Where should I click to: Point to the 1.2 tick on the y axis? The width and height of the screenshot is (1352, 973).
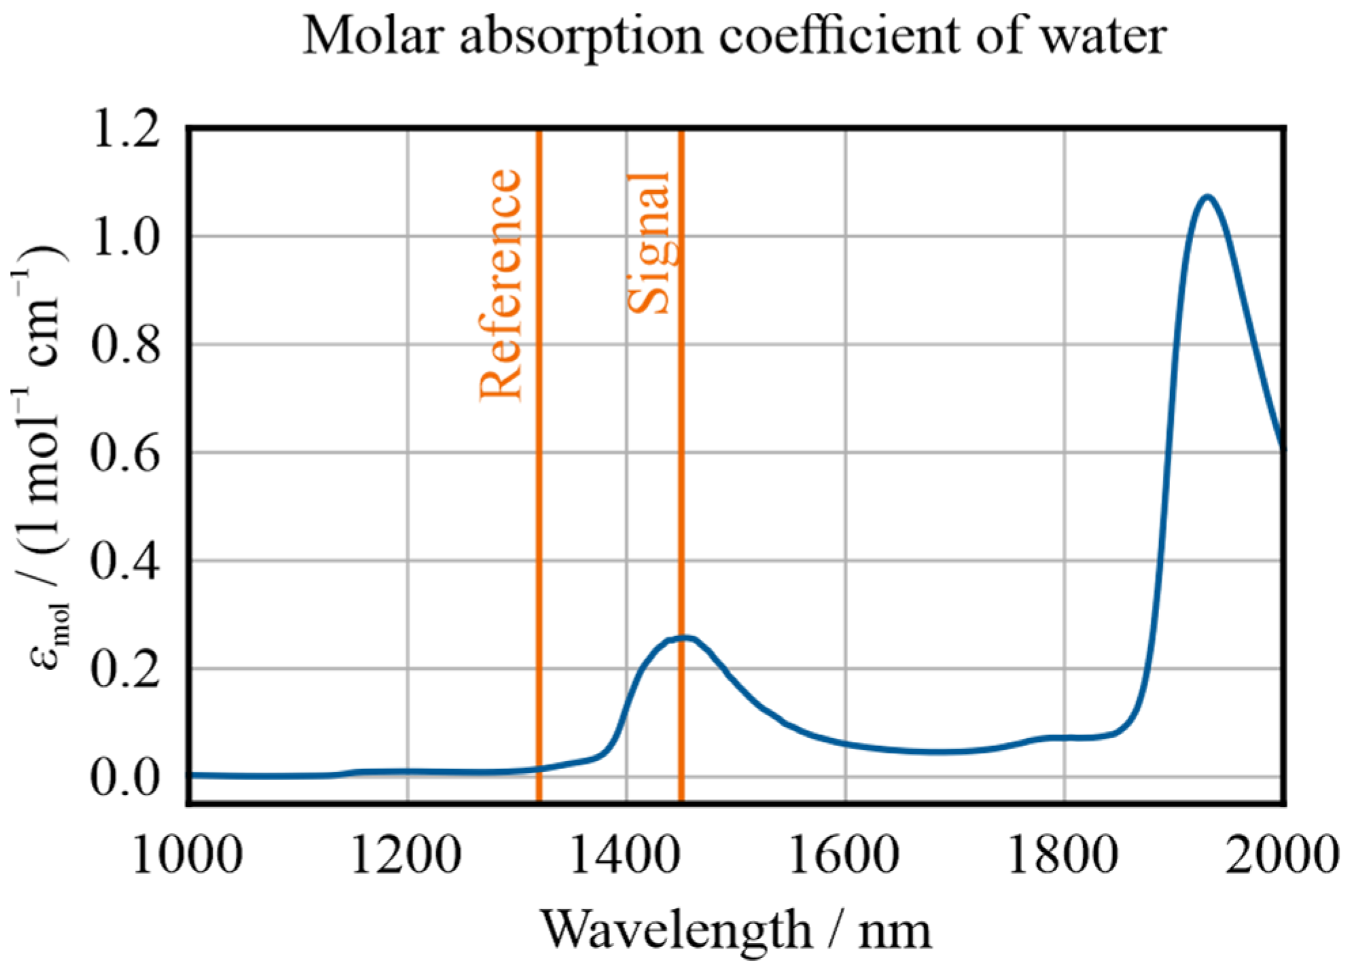point(126,129)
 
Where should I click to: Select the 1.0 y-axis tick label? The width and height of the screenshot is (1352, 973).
point(126,237)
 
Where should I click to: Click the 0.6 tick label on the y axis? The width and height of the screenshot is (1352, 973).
point(126,453)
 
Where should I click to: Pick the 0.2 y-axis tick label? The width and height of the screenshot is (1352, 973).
point(126,669)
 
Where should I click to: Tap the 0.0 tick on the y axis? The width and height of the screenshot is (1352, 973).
point(126,777)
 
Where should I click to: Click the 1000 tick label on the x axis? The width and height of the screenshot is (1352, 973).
point(188,854)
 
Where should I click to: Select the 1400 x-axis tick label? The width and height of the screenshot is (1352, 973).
point(625,854)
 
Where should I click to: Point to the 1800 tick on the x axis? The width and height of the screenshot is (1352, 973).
point(1063,854)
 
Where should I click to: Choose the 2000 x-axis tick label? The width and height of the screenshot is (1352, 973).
point(1281,854)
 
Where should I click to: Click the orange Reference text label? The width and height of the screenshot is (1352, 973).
point(501,285)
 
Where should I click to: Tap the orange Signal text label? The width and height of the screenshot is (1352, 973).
point(649,243)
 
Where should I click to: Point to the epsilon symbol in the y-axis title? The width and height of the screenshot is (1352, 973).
point(46,658)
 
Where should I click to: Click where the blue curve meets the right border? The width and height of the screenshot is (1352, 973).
point(1281,445)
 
